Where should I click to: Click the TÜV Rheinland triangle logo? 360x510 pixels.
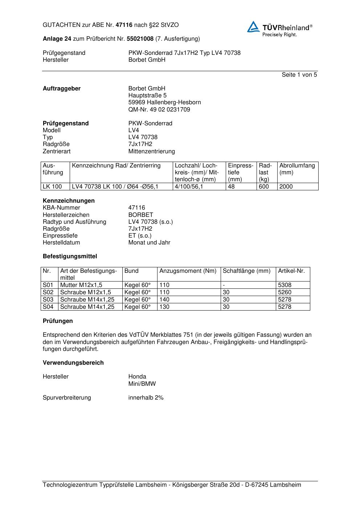[x=253, y=27]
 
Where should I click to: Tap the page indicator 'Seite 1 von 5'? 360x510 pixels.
[x=299, y=75]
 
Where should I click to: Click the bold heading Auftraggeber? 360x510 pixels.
[x=62, y=89]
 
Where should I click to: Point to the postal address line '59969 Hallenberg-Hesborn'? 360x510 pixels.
[x=164, y=102]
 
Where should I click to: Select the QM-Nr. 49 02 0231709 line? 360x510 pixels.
[x=159, y=109]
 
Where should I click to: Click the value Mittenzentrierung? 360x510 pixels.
[x=151, y=151]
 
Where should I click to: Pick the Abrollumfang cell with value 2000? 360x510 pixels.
[x=286, y=187]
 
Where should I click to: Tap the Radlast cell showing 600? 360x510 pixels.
[x=264, y=187]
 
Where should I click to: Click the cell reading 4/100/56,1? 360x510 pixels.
[x=189, y=187]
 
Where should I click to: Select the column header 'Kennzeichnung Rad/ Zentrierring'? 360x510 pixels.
[x=116, y=166]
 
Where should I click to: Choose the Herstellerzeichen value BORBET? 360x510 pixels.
[x=140, y=215]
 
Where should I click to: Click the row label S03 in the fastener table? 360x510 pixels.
[x=48, y=300]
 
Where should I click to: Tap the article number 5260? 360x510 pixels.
[x=285, y=292]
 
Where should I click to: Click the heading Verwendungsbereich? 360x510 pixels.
[x=73, y=363]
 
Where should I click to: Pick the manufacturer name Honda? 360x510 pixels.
[x=137, y=377]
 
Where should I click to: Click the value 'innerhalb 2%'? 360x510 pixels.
[x=146, y=398]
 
